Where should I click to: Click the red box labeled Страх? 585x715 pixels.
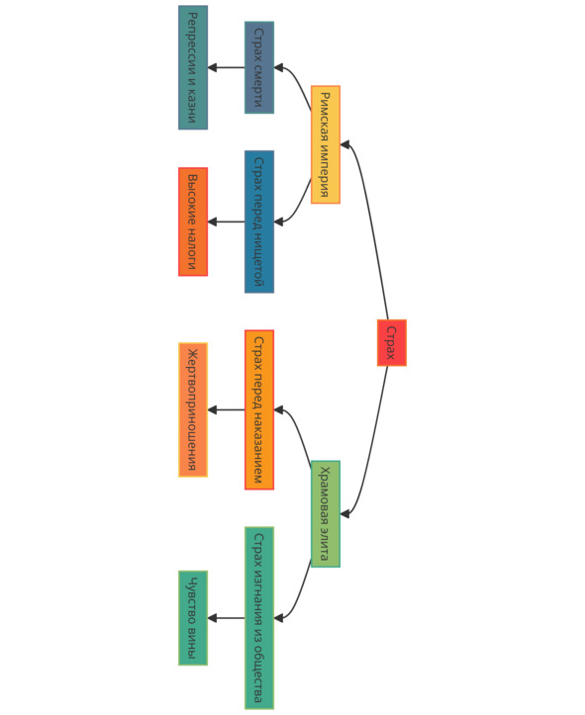point(392,342)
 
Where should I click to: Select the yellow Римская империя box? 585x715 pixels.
point(326,144)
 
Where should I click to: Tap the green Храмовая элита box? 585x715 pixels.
point(326,514)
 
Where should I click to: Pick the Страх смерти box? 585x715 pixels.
point(259,67)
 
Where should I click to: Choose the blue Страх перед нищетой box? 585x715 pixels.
point(259,222)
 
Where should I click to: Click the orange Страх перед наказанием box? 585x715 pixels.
point(259,410)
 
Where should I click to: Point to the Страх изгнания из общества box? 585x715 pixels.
point(259,618)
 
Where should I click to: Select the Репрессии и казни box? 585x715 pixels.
point(193,67)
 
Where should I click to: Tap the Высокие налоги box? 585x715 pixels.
point(193,222)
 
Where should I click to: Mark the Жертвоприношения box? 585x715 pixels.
point(193,410)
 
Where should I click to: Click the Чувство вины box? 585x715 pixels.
point(193,618)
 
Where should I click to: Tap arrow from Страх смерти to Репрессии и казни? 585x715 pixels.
point(227,67)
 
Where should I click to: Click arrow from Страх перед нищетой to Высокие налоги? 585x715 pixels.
point(227,222)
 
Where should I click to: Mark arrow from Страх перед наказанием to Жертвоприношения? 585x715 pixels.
point(227,410)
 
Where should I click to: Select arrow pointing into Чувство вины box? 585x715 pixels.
point(227,618)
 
